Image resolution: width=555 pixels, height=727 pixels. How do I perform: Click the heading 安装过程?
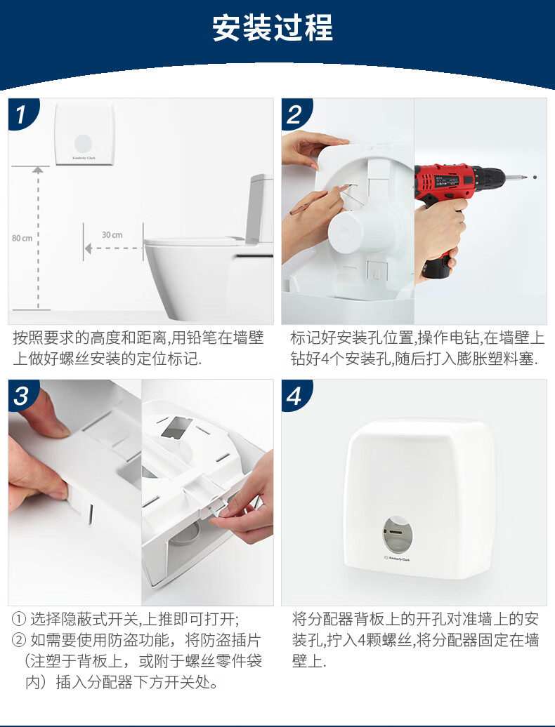pos(273,28)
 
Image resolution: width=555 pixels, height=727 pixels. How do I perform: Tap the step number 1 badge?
pos(22,114)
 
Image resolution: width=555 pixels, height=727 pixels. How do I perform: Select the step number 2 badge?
pos(296,114)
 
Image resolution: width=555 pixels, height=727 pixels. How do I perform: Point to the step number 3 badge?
pos(22,396)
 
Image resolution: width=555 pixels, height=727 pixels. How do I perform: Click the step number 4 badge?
pos(296,396)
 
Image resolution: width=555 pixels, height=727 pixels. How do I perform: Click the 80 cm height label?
pos(22,239)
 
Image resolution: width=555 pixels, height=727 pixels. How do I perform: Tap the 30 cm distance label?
pos(112,235)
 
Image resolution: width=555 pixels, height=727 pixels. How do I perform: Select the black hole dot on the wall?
pos(535,177)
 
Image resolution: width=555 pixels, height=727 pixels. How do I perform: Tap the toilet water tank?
pos(260,208)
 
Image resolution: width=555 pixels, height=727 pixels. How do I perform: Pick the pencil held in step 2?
pos(320,199)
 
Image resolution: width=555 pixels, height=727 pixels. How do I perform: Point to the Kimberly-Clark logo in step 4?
pos(397,559)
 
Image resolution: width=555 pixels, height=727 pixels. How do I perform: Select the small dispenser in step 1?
pos(84,135)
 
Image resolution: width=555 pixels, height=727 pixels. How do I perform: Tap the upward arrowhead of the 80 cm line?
pos(38,170)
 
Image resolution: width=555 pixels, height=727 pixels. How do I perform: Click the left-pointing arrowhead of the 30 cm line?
pos(88,248)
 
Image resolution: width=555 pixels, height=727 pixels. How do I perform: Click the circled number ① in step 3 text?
pos(18,619)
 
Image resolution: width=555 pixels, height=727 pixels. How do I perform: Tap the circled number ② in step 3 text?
pos(18,640)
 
